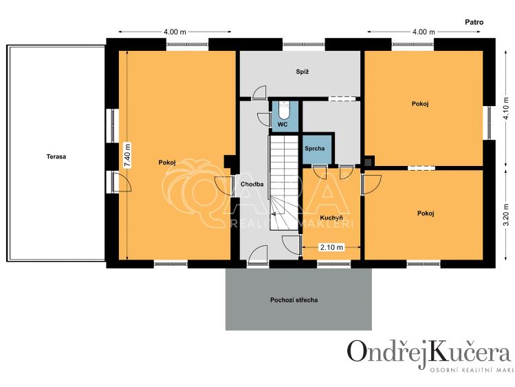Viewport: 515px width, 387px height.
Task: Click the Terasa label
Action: tap(56, 156)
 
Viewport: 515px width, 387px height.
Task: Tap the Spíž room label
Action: tap(302, 72)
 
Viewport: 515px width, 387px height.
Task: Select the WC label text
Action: tap(282, 125)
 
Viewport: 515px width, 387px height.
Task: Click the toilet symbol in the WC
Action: tap(284, 109)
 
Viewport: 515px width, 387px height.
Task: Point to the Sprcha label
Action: tap(318, 148)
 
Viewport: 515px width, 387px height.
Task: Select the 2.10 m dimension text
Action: tap(331, 247)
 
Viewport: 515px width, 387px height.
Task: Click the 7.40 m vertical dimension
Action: tap(127, 156)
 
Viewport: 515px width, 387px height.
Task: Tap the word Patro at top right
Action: tap(473, 22)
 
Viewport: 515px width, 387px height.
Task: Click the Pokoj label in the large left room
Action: tap(167, 163)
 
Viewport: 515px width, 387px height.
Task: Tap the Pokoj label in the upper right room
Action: tap(420, 104)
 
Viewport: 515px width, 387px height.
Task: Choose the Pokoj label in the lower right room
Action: tap(426, 213)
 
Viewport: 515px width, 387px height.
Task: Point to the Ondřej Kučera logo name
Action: tap(429, 352)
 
